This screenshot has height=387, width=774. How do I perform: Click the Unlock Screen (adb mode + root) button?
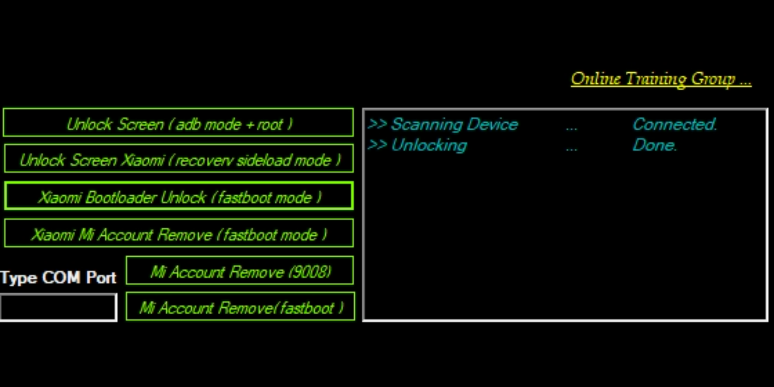click(178, 123)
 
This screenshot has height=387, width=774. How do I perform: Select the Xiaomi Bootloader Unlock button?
click(178, 196)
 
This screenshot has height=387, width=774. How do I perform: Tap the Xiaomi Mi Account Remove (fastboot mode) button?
click(178, 234)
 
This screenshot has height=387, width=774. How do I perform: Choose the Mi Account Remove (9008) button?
click(240, 271)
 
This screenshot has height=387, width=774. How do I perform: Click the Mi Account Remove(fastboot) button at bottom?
click(240, 307)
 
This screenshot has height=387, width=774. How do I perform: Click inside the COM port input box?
click(58, 307)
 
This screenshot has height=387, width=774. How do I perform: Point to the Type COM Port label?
click(58, 278)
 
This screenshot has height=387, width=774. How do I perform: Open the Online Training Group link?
click(661, 79)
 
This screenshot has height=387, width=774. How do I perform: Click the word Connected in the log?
click(674, 125)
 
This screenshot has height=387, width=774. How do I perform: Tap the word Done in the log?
click(654, 145)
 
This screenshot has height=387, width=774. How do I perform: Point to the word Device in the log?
click(493, 125)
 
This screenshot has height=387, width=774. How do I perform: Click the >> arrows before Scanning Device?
click(377, 124)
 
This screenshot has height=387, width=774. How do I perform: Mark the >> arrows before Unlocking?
click(377, 145)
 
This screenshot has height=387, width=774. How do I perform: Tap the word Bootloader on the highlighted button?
click(121, 197)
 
